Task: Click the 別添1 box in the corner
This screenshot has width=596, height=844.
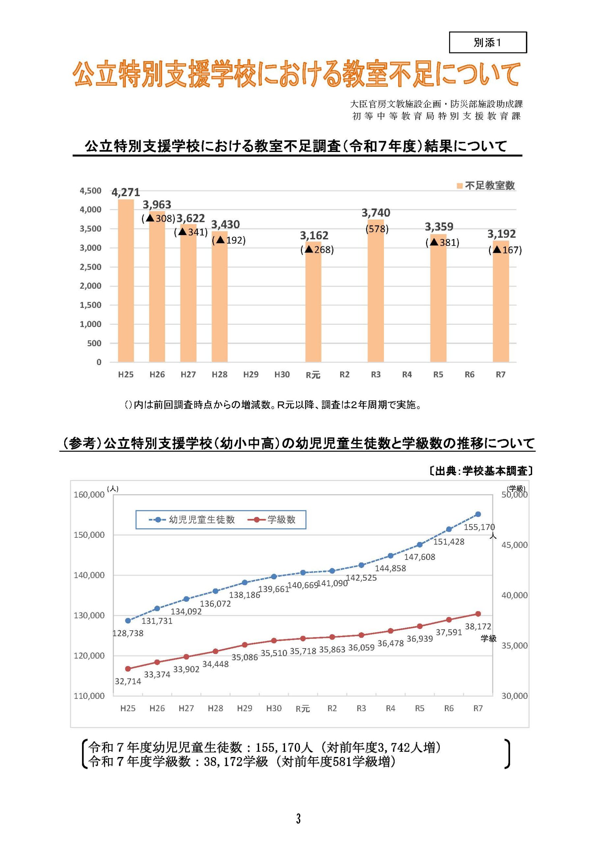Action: coord(487,43)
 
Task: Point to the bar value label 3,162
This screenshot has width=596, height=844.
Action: coord(314,235)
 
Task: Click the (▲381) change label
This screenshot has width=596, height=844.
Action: coord(442,243)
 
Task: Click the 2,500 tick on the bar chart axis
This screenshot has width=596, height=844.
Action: coord(90,267)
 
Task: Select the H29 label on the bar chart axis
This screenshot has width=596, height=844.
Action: coord(251,375)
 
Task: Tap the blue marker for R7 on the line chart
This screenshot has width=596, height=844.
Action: coord(478,514)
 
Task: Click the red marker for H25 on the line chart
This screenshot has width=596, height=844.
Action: coord(128,669)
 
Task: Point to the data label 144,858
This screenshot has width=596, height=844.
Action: coord(390,568)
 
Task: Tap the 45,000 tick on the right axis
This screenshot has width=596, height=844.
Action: coord(514,545)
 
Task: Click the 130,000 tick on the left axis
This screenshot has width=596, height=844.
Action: coord(89,615)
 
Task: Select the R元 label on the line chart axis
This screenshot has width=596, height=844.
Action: coord(303,709)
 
